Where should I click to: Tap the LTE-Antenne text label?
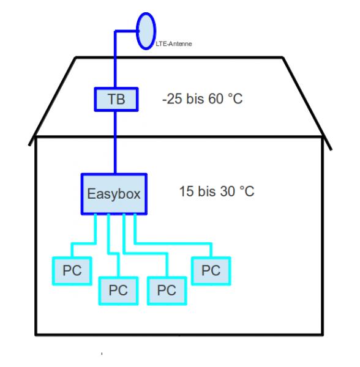(x=174, y=44)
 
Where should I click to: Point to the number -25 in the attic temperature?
(x=172, y=98)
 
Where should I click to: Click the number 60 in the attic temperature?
(x=216, y=98)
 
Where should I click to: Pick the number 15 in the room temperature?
(x=187, y=191)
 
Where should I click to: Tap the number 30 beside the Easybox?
(x=228, y=191)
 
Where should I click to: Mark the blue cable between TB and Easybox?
(x=115, y=143)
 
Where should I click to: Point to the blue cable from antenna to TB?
(x=115, y=59)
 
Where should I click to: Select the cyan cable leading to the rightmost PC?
(x=173, y=244)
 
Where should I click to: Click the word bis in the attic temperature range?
(x=195, y=98)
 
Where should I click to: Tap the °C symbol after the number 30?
(x=247, y=191)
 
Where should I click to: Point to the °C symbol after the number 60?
(x=235, y=98)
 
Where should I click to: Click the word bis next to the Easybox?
(x=207, y=191)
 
